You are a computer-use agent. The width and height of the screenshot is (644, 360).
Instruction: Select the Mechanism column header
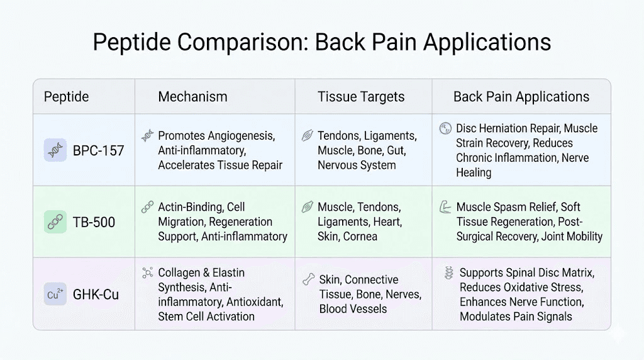[192, 97]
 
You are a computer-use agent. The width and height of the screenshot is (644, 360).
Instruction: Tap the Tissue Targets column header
[361, 97]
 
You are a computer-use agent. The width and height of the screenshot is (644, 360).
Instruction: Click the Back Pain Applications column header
[521, 97]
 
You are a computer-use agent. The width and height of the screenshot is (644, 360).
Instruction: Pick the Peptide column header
[66, 97]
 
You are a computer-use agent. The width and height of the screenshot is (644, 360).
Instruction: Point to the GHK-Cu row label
[96, 295]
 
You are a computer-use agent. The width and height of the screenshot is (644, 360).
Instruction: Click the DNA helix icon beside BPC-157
[55, 151]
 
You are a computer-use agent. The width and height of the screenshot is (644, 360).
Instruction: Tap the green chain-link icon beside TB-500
[55, 222]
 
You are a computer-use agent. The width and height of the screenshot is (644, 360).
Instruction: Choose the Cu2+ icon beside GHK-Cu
[55, 295]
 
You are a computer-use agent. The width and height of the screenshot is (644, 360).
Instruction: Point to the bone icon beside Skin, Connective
[308, 279]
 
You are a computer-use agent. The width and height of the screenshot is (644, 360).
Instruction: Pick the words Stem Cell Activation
[206, 316]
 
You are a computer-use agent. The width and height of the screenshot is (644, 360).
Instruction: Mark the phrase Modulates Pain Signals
[516, 317]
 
